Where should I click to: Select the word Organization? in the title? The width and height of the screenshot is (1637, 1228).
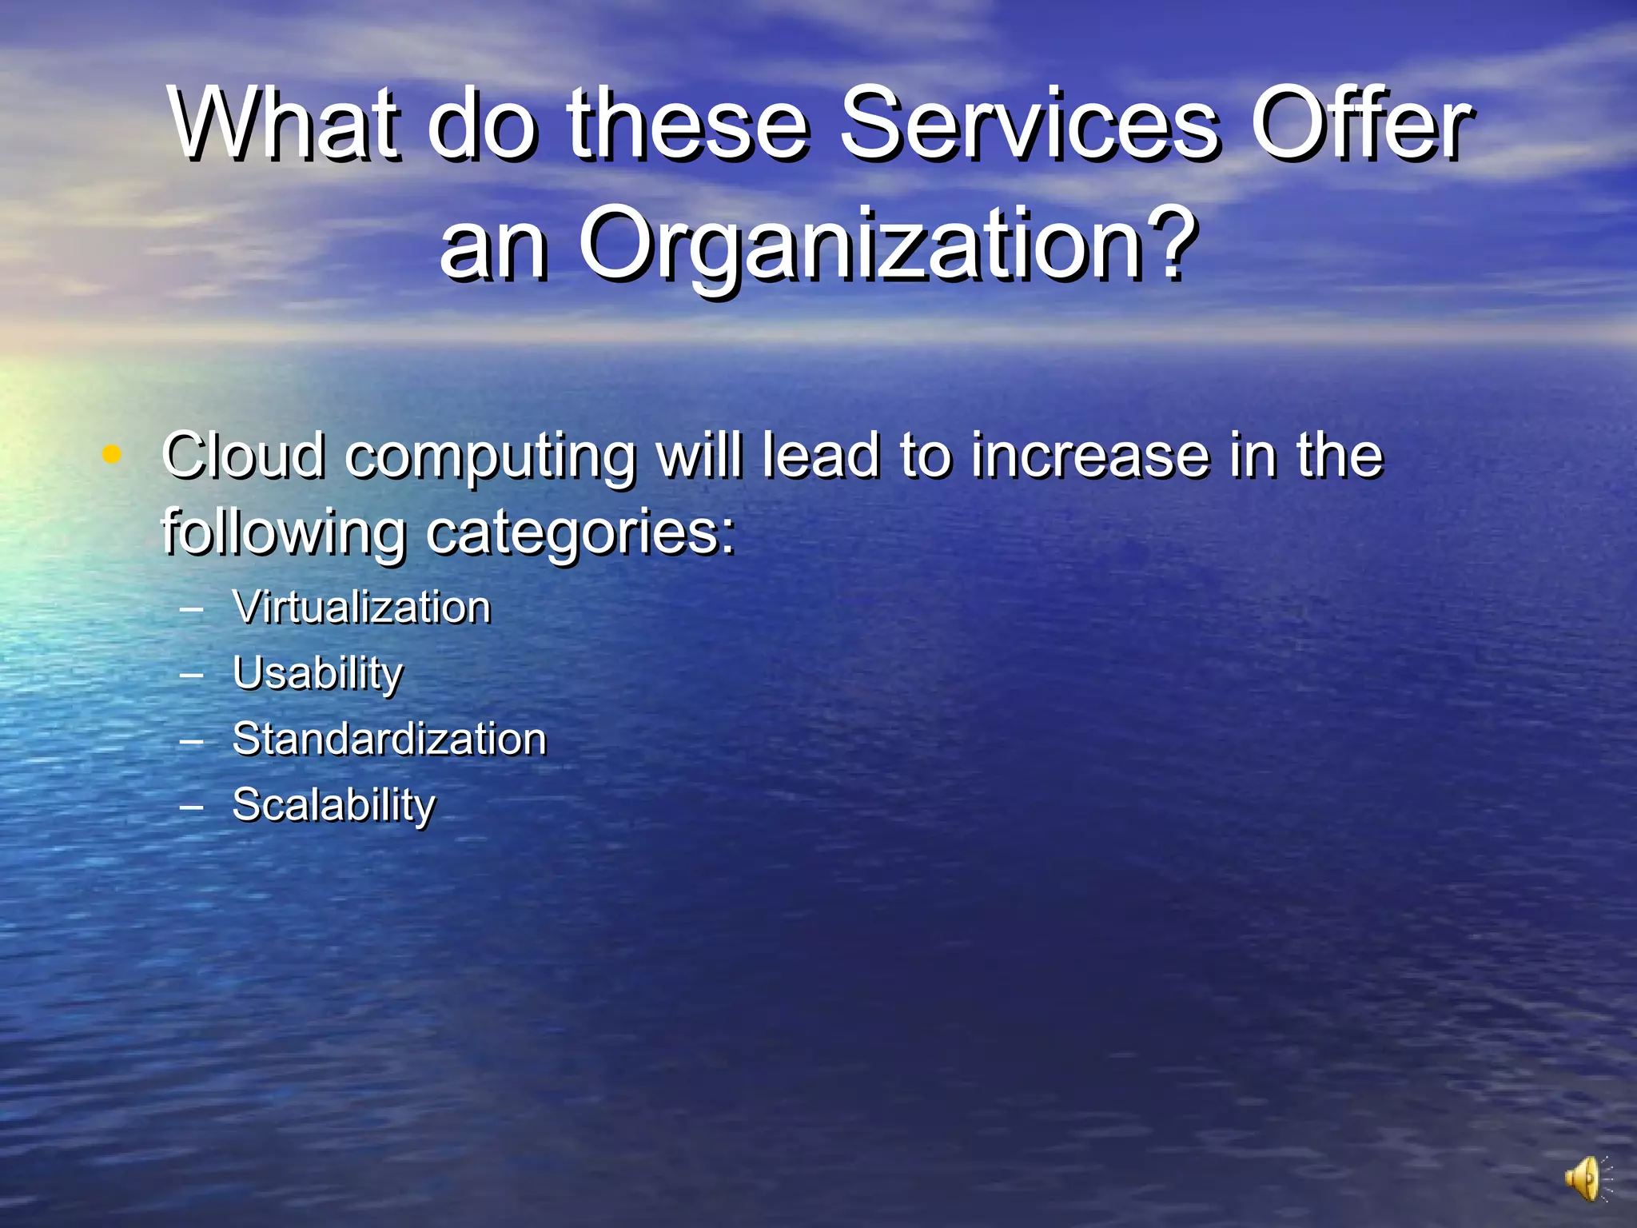pyautogui.click(x=887, y=244)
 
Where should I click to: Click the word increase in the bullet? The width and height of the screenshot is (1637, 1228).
pyautogui.click(x=1091, y=456)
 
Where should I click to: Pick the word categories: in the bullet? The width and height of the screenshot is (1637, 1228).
pyautogui.click(x=580, y=532)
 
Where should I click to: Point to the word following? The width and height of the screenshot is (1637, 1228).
pyautogui.click(x=284, y=532)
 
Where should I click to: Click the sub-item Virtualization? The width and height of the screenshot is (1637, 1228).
pyautogui.click(x=361, y=608)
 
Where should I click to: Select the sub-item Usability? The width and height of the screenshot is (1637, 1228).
pyautogui.click(x=317, y=673)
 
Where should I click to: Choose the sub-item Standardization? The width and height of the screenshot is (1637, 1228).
pyautogui.click(x=389, y=739)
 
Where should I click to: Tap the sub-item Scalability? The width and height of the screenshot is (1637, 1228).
pyautogui.click(x=333, y=804)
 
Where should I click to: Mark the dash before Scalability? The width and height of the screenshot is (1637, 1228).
pyautogui.click(x=192, y=806)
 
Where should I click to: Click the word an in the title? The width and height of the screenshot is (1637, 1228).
pyautogui.click(x=493, y=244)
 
